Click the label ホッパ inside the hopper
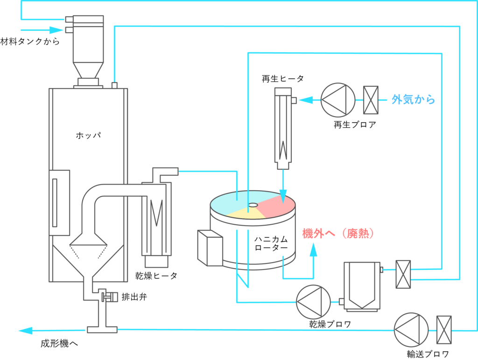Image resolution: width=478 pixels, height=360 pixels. (88, 136)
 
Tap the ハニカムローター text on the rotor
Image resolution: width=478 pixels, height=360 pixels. (271, 243)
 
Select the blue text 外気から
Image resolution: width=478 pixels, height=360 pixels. (413, 100)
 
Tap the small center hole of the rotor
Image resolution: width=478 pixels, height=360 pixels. (253, 205)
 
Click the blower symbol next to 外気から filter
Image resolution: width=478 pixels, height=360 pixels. (338, 100)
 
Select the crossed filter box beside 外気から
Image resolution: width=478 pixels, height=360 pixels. (371, 100)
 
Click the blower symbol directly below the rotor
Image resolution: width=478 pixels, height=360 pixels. (314, 302)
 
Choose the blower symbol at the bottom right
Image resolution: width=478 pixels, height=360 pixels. (411, 330)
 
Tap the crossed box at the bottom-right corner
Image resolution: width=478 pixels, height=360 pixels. (443, 330)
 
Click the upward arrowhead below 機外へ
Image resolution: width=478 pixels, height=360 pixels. (313, 250)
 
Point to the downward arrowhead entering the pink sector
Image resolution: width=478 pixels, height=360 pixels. (283, 196)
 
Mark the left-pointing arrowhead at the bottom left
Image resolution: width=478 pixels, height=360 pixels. (24, 331)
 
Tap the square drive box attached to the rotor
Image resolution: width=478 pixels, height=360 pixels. (210, 248)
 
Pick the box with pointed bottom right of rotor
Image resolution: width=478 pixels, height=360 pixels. (361, 285)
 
